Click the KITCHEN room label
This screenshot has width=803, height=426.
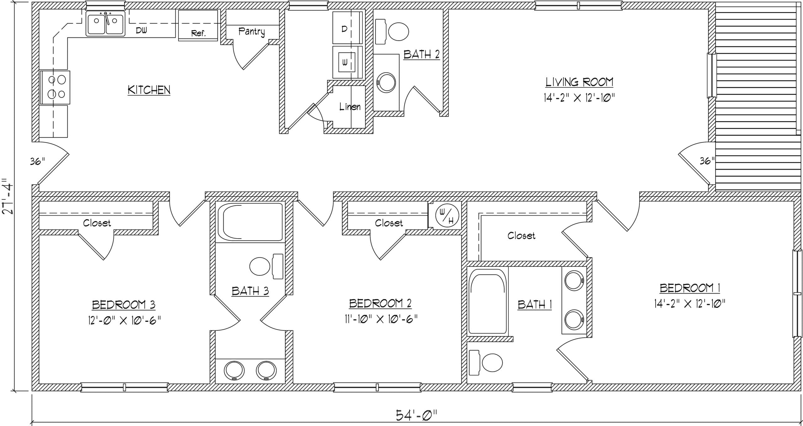point(149,90)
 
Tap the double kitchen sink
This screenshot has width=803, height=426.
point(106,24)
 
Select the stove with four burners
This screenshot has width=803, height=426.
point(55,87)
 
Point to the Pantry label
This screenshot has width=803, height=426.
point(252,31)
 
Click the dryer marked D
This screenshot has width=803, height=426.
point(348,28)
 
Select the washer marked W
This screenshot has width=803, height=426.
point(348,62)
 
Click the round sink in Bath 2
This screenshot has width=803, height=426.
point(386,83)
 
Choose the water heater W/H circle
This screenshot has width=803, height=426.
point(447,216)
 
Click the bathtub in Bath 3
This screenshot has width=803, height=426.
point(250,222)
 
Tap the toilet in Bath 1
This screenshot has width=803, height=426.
point(486,363)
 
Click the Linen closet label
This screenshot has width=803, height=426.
point(350,107)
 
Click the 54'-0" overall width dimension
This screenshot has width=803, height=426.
point(416,416)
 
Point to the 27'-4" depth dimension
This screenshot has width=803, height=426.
point(8,197)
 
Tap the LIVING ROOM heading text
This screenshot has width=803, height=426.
point(579,82)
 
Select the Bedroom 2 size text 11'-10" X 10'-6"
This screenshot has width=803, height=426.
point(380,319)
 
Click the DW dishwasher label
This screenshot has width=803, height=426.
point(141,30)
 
